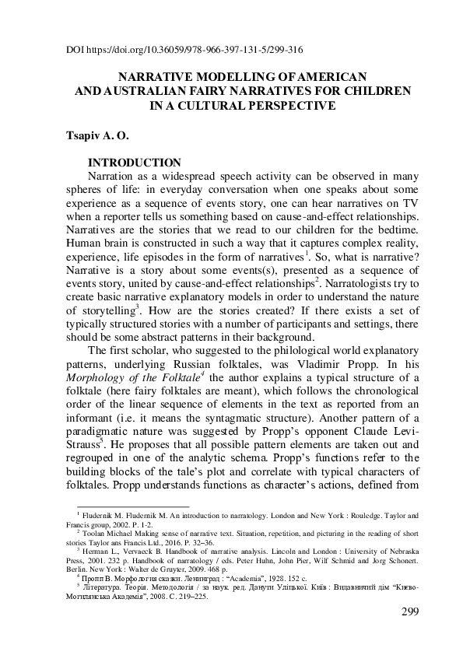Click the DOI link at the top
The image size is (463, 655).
[x=179, y=49]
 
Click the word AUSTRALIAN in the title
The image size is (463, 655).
[x=136, y=91]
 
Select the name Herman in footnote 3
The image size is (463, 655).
[x=97, y=551]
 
